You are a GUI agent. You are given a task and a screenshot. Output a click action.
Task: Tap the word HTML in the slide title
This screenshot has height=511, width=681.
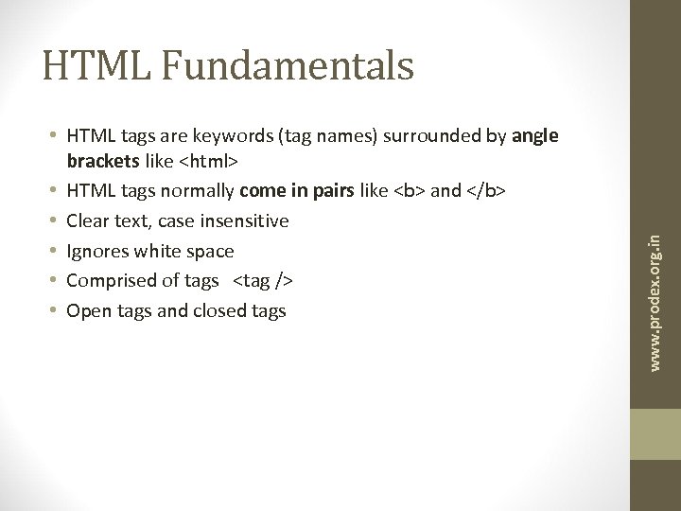[x=89, y=65]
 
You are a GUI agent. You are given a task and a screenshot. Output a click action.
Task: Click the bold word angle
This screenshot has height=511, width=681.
[x=535, y=136]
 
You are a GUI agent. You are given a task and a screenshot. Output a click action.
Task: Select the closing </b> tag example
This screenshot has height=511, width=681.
[x=486, y=192]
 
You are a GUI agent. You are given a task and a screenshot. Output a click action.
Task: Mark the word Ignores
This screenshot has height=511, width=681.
[x=95, y=252]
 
